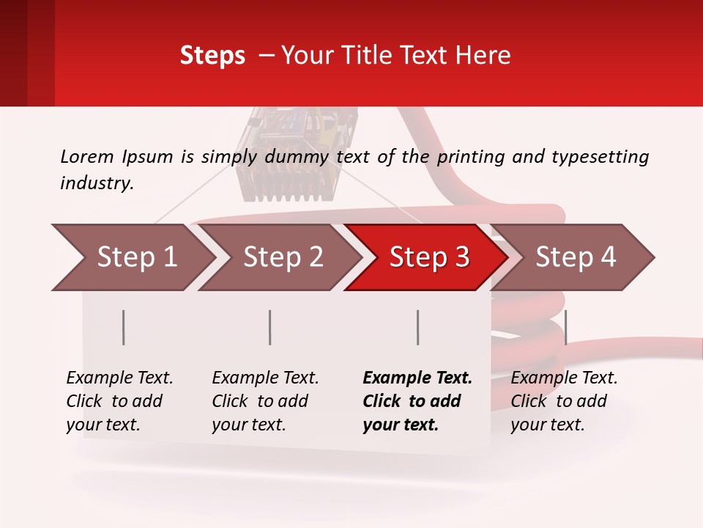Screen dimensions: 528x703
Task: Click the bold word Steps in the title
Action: pyautogui.click(x=212, y=56)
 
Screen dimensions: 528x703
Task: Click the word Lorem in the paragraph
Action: pyautogui.click(x=86, y=156)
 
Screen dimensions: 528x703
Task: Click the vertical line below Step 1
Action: pyautogui.click(x=124, y=327)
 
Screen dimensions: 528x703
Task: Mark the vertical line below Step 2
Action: pyautogui.click(x=270, y=327)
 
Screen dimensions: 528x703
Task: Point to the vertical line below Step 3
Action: pyautogui.click(x=417, y=327)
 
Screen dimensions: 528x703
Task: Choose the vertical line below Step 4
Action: pyautogui.click(x=565, y=327)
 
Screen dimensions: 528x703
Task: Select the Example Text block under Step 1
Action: pyautogui.click(x=119, y=401)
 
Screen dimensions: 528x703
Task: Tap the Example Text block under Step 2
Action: pyautogui.click(x=265, y=401)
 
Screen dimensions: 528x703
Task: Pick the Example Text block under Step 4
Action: pyautogui.click(x=564, y=401)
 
